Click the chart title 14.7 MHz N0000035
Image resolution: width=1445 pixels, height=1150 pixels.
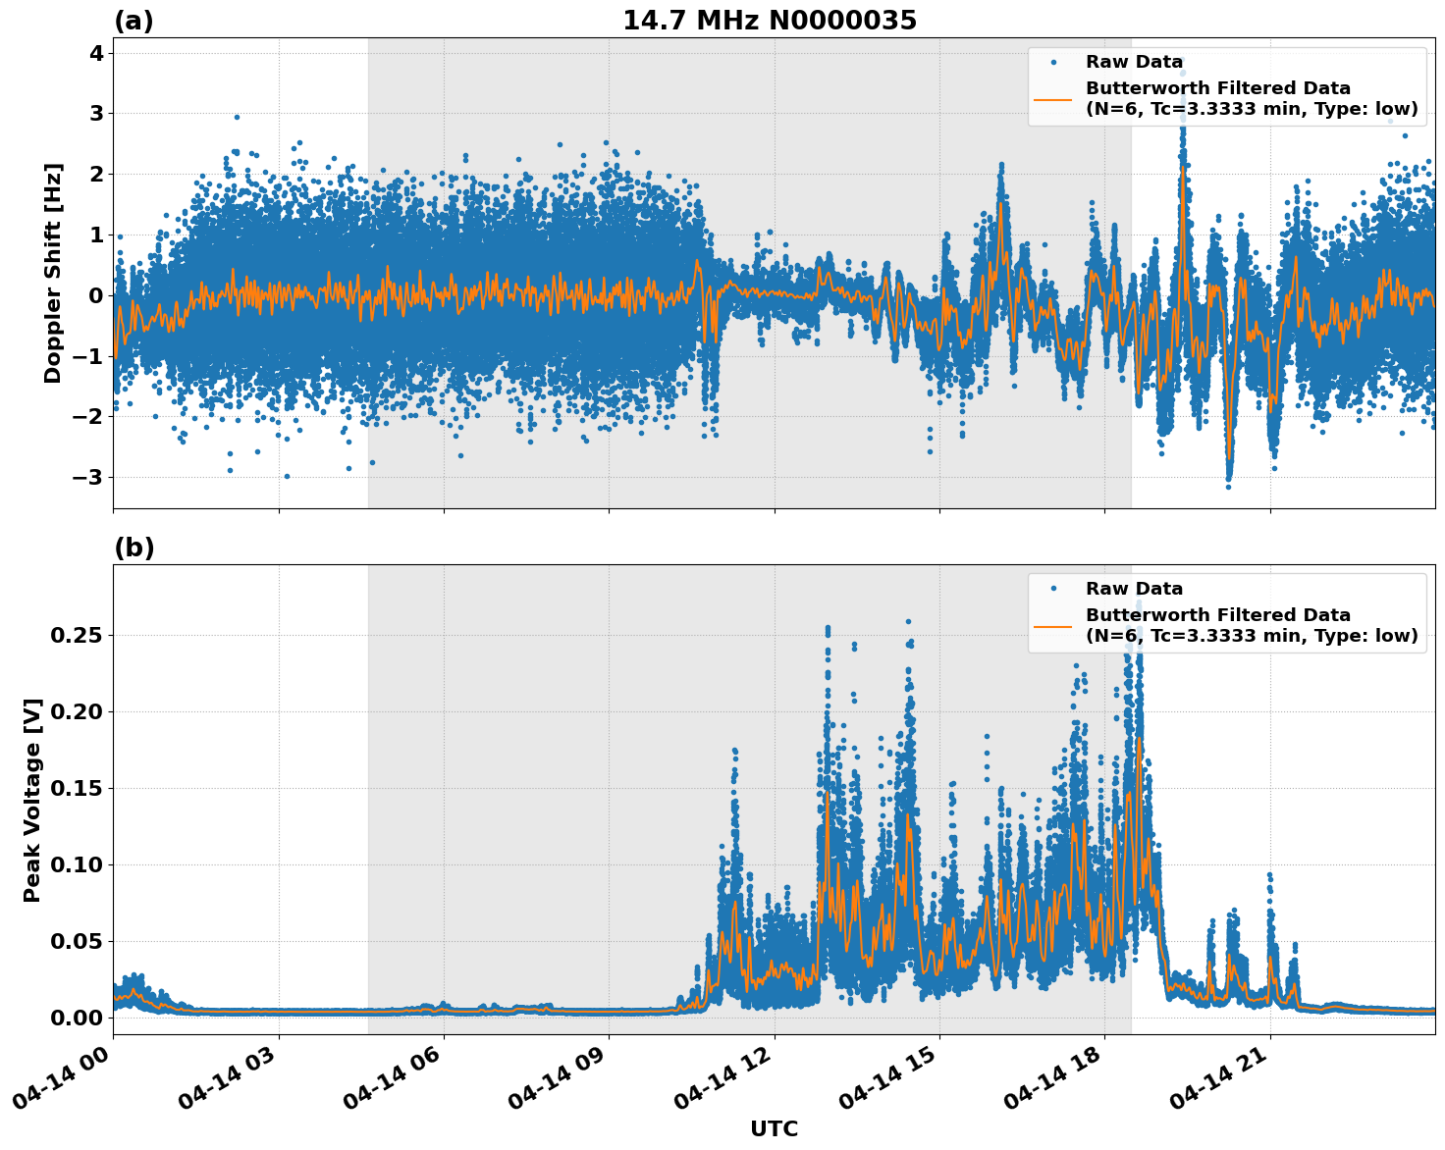(770, 21)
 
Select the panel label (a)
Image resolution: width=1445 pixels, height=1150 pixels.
(134, 21)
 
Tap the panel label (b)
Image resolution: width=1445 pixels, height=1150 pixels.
(134, 548)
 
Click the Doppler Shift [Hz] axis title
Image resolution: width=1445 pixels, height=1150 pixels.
(53, 273)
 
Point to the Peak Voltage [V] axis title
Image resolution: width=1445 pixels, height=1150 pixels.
(32, 800)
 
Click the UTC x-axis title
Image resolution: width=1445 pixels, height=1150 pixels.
(774, 1128)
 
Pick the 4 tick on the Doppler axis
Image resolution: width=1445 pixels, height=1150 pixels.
(95, 53)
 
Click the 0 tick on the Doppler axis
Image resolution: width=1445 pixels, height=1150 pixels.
(95, 295)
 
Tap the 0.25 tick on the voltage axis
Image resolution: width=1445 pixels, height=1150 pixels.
(76, 636)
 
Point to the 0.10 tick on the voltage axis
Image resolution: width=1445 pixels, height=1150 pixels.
(76, 864)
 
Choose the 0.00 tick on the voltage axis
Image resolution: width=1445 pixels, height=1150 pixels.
(76, 1018)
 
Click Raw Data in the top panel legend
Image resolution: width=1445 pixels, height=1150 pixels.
(1134, 62)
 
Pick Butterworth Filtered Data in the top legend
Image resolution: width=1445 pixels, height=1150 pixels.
(1217, 88)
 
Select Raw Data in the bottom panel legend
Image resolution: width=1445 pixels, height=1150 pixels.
(1134, 589)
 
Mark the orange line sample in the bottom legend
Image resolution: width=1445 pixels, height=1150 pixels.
(1052, 625)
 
